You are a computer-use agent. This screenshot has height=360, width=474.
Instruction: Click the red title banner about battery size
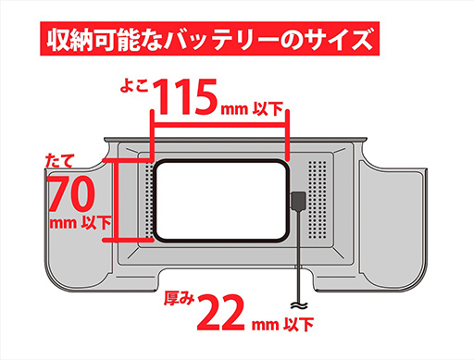coord(209,39)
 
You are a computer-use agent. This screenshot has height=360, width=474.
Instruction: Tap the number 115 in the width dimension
coord(185,96)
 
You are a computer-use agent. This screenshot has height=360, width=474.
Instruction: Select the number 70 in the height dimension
coord(71,194)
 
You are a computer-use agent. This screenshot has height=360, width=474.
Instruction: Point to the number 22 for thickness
coord(221,312)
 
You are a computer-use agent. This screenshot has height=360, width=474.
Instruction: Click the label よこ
coord(134,85)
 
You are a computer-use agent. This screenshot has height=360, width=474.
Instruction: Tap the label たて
coord(60,160)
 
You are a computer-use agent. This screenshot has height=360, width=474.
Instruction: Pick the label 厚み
coord(179,298)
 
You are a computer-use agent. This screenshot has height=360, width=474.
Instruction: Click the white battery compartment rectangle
coord(221,201)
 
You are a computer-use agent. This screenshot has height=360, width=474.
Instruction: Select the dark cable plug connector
coord(298,201)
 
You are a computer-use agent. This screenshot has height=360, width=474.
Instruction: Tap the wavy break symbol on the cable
coord(299,305)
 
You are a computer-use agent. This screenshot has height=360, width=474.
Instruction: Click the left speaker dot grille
coord(149,200)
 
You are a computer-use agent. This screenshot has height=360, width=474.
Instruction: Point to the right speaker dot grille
coord(318,200)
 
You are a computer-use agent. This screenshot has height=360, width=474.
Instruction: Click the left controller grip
coord(77,229)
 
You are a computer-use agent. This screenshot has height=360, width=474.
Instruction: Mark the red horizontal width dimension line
coord(219,125)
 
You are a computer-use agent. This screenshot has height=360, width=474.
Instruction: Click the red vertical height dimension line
coord(116,200)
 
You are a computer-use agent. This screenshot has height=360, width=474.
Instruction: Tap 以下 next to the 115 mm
coord(268,108)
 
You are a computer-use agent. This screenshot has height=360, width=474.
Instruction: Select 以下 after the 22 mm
coord(298,325)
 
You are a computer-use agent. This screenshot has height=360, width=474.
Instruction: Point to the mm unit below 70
coord(64,223)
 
